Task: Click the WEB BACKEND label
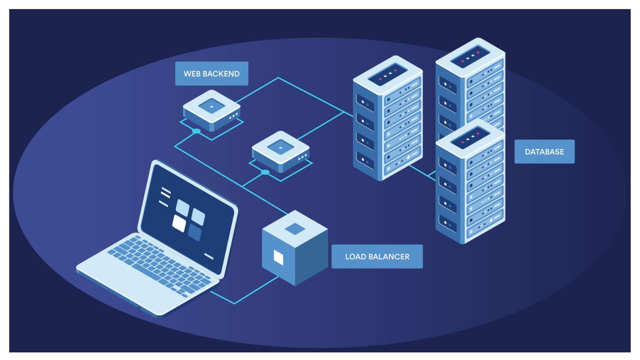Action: tap(212, 74)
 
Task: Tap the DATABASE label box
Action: tap(544, 152)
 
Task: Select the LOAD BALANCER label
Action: tap(377, 257)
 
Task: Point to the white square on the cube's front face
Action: tap(278, 257)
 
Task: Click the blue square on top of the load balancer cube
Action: tap(295, 229)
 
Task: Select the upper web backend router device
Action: tap(212, 110)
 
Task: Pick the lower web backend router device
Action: tap(281, 151)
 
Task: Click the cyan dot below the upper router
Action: tap(197, 131)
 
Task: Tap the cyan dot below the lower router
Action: tap(265, 172)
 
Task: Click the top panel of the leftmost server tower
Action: tap(388, 74)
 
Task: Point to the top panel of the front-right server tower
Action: tap(470, 137)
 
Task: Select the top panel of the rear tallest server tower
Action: tap(470, 56)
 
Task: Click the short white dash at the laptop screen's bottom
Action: tap(209, 256)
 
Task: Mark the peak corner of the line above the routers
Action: tap(278, 78)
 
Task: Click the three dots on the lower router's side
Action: tap(303, 157)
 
